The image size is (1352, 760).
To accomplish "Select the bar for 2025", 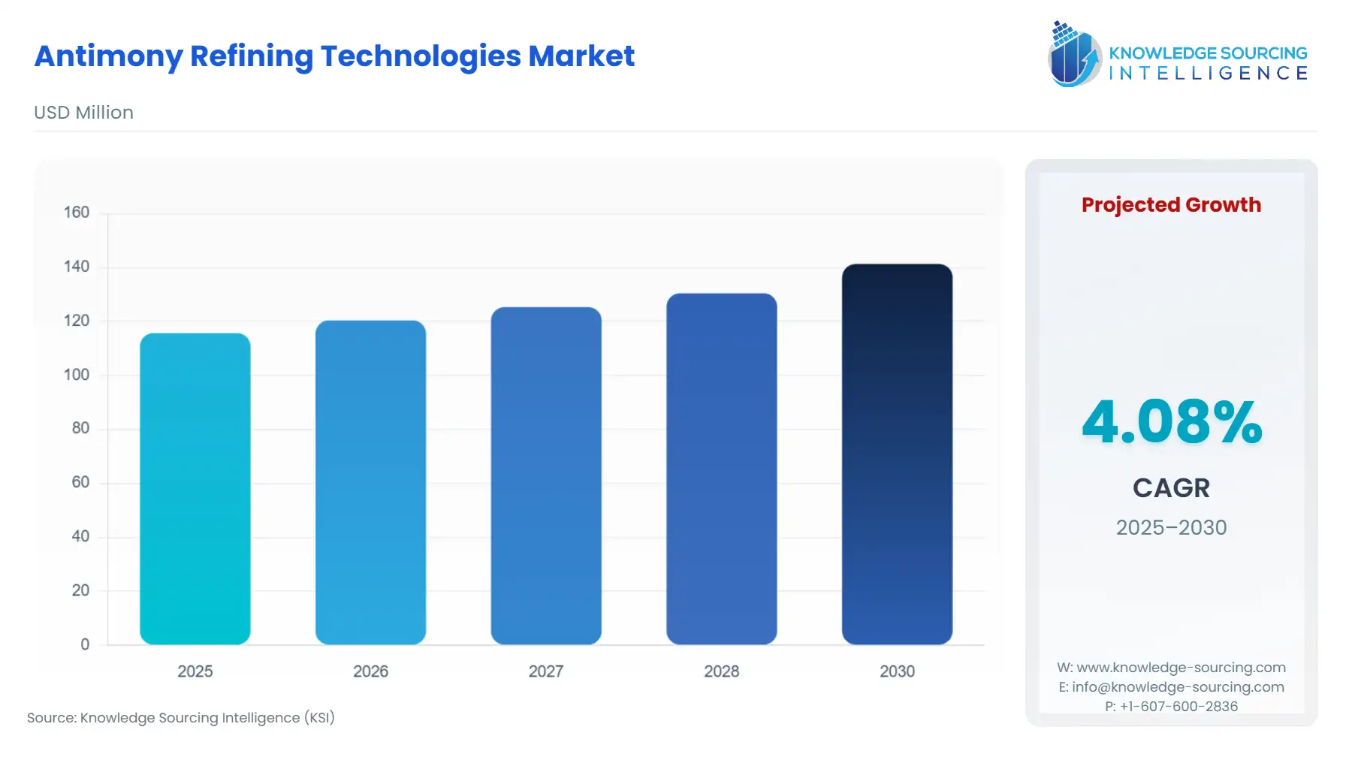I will click(x=195, y=488).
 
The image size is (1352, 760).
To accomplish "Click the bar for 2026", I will click(x=370, y=482).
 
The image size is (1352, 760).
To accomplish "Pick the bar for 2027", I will click(x=546, y=475).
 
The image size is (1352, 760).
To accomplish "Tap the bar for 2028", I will click(x=721, y=469).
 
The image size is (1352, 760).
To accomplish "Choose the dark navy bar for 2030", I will click(x=897, y=454).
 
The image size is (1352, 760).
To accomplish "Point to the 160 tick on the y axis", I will click(x=77, y=213).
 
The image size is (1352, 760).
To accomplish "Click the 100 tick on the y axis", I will click(x=77, y=375).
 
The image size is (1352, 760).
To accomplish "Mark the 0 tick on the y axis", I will click(x=85, y=644).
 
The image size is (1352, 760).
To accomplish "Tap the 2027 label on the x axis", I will click(x=546, y=671).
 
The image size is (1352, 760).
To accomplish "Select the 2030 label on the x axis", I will click(x=897, y=671).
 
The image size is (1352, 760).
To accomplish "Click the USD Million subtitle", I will click(x=83, y=113).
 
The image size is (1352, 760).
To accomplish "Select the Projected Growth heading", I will click(x=1171, y=205).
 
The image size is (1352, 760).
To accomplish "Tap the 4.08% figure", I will click(x=1171, y=422).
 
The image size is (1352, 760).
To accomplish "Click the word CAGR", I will click(x=1171, y=488).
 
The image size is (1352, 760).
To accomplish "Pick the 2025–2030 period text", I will click(x=1171, y=528).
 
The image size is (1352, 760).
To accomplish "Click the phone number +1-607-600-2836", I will click(x=1178, y=707).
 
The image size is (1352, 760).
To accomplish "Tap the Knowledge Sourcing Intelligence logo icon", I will click(x=1073, y=54).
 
